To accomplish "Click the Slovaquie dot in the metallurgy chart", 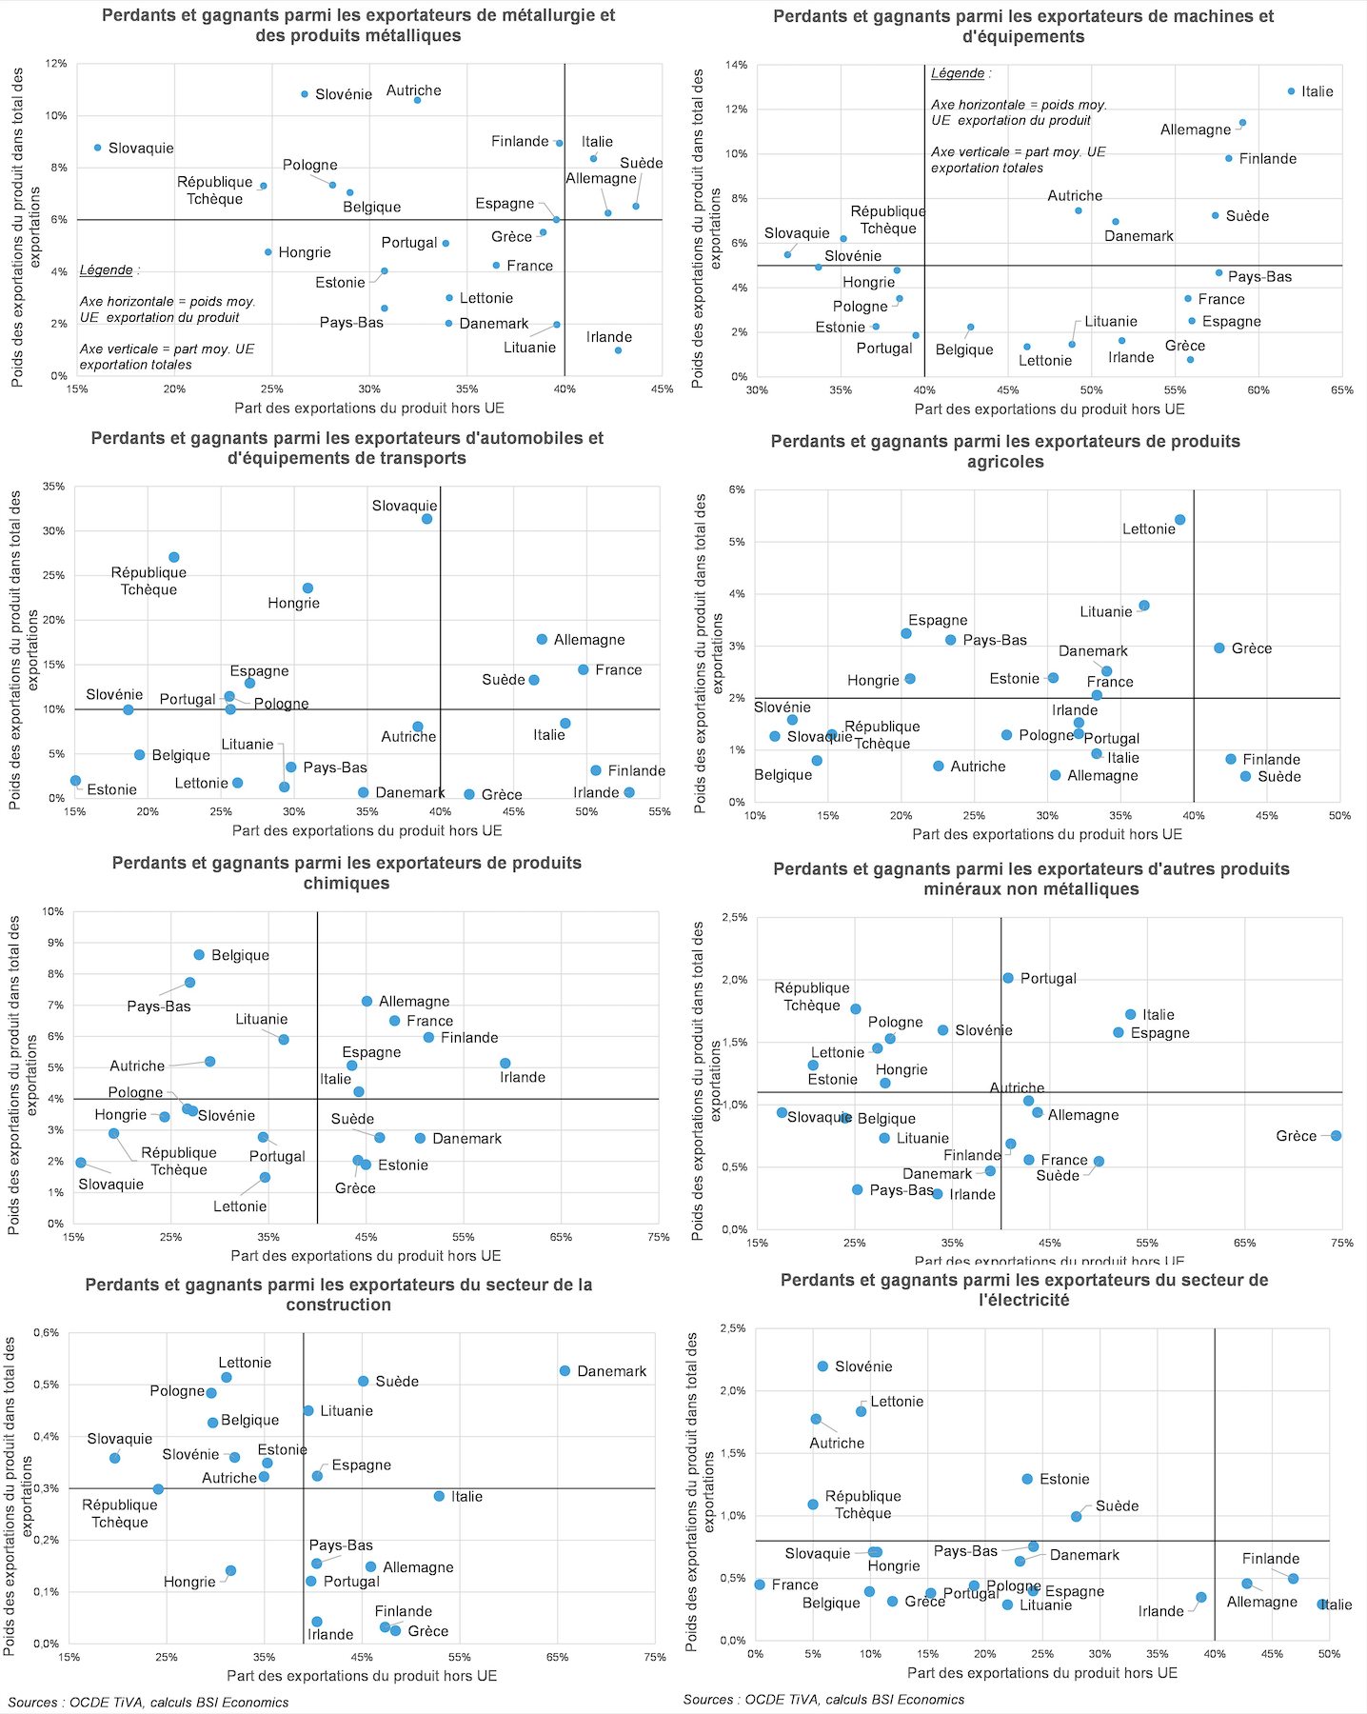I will (97, 148).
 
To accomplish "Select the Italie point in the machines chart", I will (1291, 91).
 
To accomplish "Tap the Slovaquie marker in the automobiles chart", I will (427, 519).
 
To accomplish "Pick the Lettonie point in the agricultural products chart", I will (1179, 520).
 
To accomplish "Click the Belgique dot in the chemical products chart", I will (199, 954).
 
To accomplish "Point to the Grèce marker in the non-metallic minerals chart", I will (1336, 1135).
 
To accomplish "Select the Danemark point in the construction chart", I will (565, 1371).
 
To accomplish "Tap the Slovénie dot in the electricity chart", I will (822, 1366).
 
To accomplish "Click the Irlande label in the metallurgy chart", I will (609, 337).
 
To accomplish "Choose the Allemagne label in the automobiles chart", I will (589, 640).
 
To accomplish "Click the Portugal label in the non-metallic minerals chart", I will (1048, 979).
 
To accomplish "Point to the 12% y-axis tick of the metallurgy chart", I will (56, 64).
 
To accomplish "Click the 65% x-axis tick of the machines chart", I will (1341, 390).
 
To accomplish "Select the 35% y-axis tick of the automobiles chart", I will (54, 487).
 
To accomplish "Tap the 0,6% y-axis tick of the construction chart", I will (46, 1333).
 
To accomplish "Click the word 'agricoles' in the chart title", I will (1005, 462).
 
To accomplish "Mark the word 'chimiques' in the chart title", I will (347, 884).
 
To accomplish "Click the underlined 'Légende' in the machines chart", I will (958, 73).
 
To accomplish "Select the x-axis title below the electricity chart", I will (1041, 1673).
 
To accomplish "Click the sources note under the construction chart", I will (149, 1703).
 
